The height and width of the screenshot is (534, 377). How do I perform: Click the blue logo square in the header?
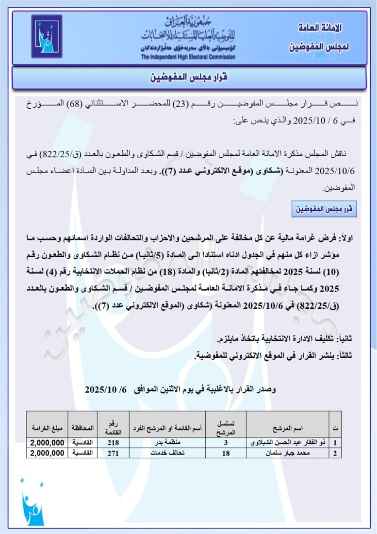point(47,36)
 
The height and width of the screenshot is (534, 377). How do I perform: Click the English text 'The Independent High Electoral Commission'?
point(188,57)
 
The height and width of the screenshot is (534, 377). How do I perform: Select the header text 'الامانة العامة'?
point(320,28)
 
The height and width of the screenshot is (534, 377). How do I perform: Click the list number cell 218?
point(113,443)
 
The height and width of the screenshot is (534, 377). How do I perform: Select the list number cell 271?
point(113,453)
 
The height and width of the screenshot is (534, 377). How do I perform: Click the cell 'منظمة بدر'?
point(166,443)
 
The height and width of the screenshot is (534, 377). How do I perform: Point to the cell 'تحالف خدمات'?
point(166,453)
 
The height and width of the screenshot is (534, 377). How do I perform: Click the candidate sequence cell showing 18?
point(226,453)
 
